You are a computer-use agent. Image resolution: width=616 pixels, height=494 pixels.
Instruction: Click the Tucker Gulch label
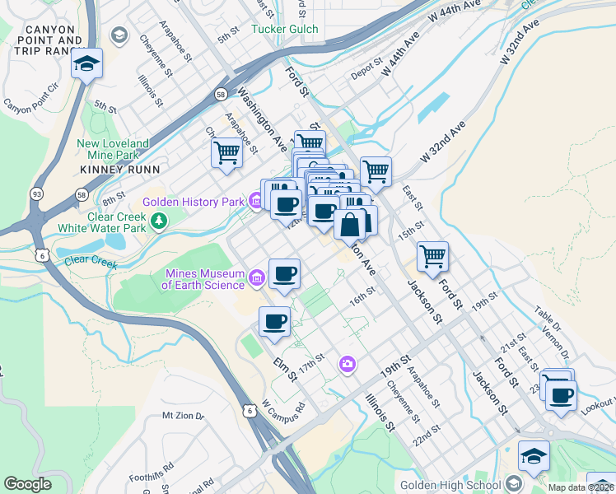coord(284,29)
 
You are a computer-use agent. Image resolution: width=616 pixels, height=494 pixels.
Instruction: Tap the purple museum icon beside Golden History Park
coord(256,200)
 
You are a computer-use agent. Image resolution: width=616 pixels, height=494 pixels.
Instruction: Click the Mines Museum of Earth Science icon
coord(256,279)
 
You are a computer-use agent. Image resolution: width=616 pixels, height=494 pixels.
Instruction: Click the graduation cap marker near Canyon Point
coord(86,63)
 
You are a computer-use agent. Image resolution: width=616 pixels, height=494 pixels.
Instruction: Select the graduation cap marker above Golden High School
coord(534,456)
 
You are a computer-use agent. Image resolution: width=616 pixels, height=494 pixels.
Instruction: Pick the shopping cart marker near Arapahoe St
coord(226,152)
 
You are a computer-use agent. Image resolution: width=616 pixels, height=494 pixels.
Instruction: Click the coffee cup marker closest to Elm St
coord(274,321)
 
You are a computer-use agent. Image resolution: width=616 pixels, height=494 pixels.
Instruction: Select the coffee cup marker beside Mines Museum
coord(284,273)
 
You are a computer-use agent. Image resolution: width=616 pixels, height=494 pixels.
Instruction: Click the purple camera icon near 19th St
coord(348,363)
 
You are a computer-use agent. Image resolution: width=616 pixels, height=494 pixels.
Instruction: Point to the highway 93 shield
coord(36,193)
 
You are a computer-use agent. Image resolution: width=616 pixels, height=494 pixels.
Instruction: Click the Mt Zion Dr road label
coord(182,417)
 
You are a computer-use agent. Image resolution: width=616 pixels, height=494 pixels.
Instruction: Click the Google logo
coord(28,483)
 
